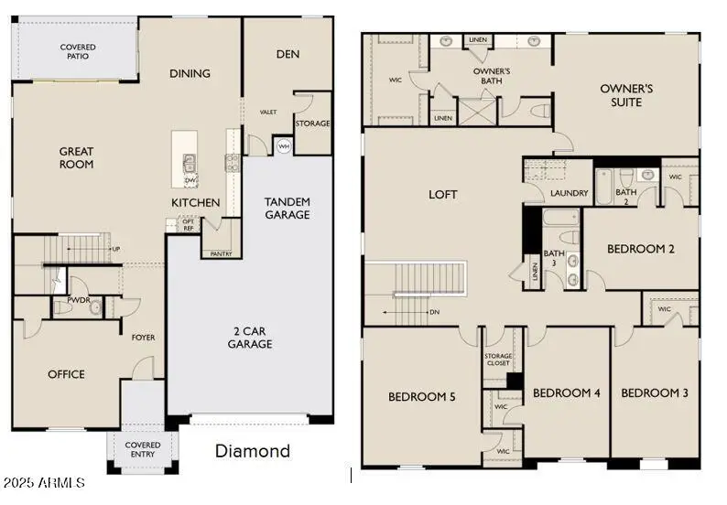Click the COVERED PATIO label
coord(79,51)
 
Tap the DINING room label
coord(190,73)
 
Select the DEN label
coord(288,54)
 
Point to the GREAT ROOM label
coord(77,158)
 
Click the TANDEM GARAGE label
coord(287,208)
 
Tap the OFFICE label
coord(66,374)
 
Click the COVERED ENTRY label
coord(143,449)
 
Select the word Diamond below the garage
coord(252,451)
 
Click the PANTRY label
coord(221,253)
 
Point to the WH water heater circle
coord(283,146)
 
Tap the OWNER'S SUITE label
coord(626,95)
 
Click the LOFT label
coord(443,195)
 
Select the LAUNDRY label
coord(570,193)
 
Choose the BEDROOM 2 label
coord(641,249)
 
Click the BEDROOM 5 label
coord(422,396)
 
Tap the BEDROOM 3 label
coord(655,392)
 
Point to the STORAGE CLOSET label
coord(498,359)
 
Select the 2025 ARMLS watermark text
coord(44,482)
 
